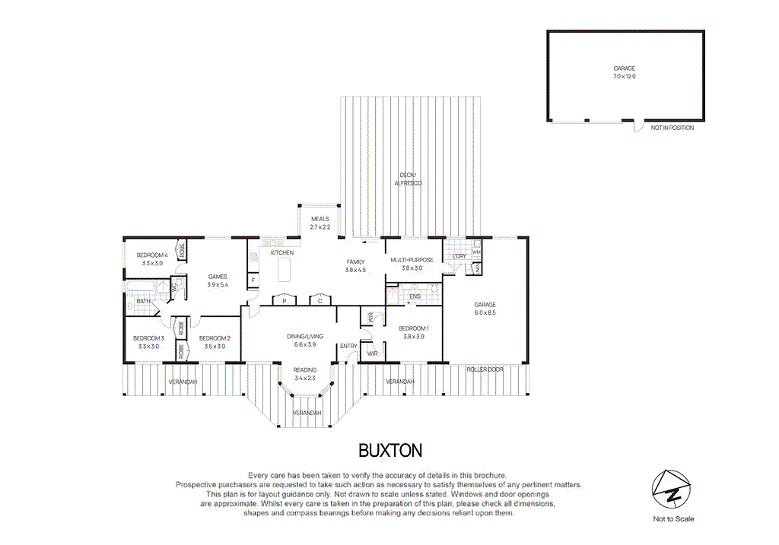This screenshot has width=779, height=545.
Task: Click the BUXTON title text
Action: pos(389,451)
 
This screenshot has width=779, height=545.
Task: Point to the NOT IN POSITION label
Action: pos(672,128)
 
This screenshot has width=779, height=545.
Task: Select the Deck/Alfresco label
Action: pos(408,179)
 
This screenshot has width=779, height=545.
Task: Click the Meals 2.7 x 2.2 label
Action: pos(320,223)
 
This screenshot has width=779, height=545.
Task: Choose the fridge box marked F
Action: pos(253,280)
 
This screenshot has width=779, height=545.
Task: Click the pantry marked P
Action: pos(284,300)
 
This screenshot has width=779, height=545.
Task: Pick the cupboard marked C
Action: pos(320,300)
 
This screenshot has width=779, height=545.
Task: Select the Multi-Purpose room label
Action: pos(412,264)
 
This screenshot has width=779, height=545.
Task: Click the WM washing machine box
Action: pos(476,252)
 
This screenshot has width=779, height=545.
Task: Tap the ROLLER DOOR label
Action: pos(485,369)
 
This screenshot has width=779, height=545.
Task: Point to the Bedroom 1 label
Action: pos(412,332)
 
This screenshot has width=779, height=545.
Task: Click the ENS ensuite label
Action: pos(415,296)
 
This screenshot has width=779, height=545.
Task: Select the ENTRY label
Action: pos(348,346)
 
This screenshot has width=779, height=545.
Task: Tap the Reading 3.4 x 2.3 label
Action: pos(305,374)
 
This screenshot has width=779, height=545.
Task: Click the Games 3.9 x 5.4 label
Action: pos(218,280)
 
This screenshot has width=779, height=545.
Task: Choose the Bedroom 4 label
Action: pos(151,258)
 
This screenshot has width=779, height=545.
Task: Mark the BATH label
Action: pos(143,302)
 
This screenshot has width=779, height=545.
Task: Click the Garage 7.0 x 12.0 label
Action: pos(625,72)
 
